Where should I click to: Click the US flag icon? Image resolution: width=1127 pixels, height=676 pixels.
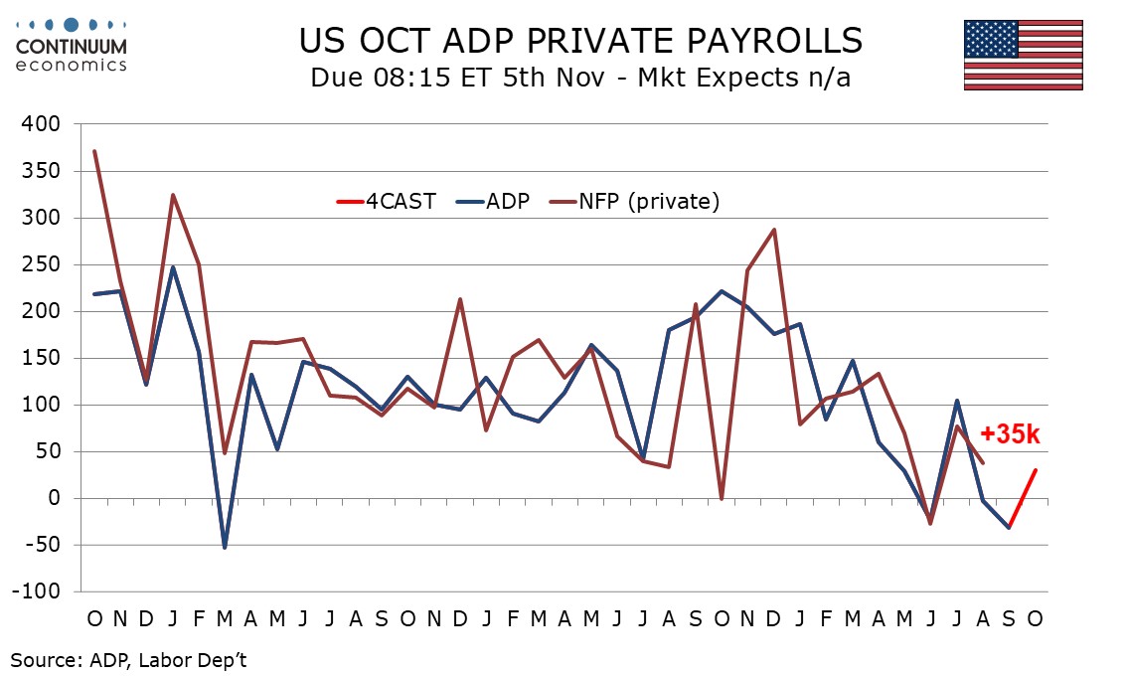tap(1023, 55)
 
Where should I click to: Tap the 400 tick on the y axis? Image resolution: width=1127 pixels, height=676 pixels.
tap(42, 124)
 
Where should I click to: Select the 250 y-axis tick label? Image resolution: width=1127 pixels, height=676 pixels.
tap(42, 264)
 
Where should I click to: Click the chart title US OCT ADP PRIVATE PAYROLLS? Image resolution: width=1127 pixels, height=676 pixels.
tap(580, 41)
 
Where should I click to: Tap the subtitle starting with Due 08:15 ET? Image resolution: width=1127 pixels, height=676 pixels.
tap(580, 78)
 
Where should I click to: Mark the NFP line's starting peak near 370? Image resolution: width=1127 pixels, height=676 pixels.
tap(94, 151)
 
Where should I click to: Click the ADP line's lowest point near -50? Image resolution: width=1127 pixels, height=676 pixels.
tap(224, 547)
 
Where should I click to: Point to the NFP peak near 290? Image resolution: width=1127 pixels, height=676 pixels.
tap(773, 230)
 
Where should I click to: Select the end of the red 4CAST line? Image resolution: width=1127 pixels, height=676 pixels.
tap(1036, 469)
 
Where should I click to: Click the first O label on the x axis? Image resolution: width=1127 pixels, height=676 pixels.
tap(94, 617)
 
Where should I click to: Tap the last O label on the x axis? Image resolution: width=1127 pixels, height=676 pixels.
tap(1035, 617)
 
